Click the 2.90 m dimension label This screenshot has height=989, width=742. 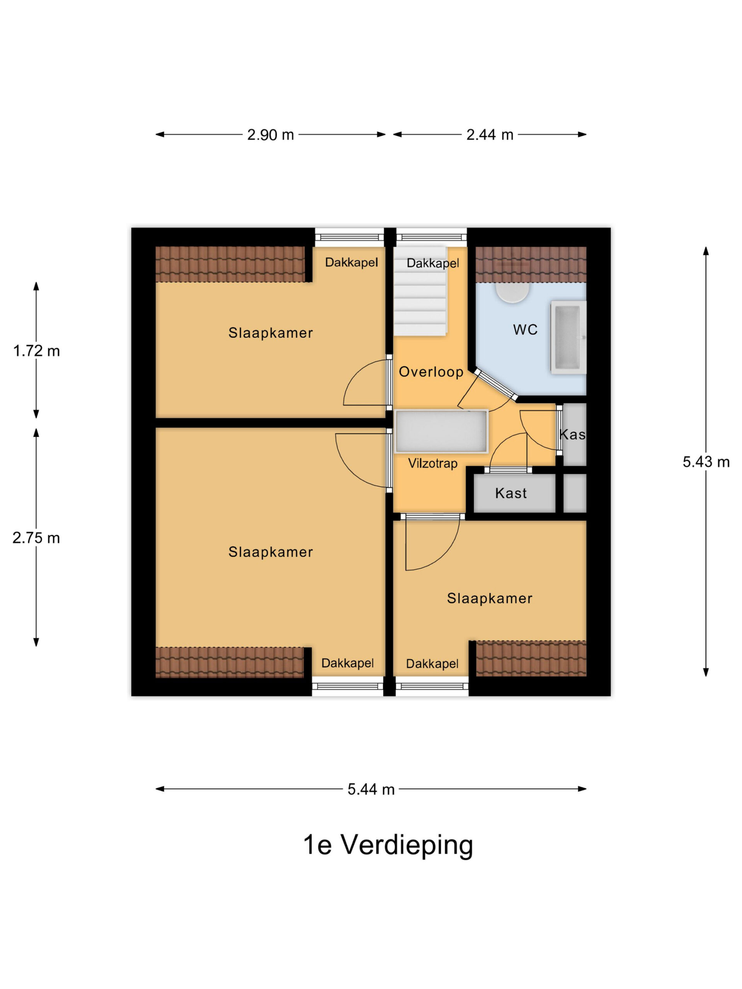pyautogui.click(x=270, y=134)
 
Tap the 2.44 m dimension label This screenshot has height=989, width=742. pyautogui.click(x=489, y=134)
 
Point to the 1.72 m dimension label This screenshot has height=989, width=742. pyautogui.click(x=36, y=351)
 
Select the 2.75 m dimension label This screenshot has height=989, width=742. pyautogui.click(x=36, y=538)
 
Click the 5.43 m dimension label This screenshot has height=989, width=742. pyautogui.click(x=706, y=462)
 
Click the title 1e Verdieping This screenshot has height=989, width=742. pyautogui.click(x=388, y=845)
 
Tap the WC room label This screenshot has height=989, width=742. pyautogui.click(x=525, y=330)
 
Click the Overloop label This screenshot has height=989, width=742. pyautogui.click(x=431, y=372)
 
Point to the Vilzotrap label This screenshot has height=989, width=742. pyautogui.click(x=432, y=463)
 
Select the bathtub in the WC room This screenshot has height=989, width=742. pyautogui.click(x=568, y=337)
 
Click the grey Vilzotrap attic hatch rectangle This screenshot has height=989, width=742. pyautogui.click(x=441, y=431)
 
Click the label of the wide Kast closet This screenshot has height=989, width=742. pyautogui.click(x=511, y=493)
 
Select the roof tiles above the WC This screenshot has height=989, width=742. pyautogui.click(x=531, y=264)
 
